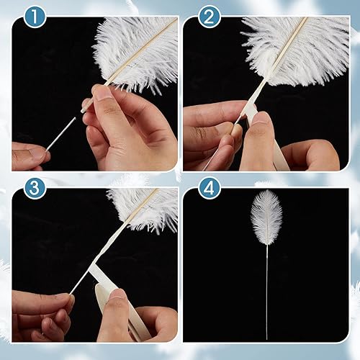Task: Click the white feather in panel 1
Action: (140, 50)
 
